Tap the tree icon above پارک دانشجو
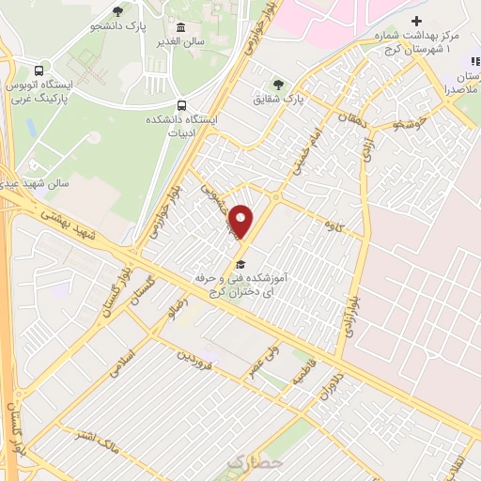click(x=117, y=11)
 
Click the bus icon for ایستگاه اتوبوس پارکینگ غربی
click(x=39, y=70)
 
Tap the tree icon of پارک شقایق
click(x=276, y=83)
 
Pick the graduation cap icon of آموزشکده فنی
click(x=240, y=264)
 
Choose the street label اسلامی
click(x=123, y=358)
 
